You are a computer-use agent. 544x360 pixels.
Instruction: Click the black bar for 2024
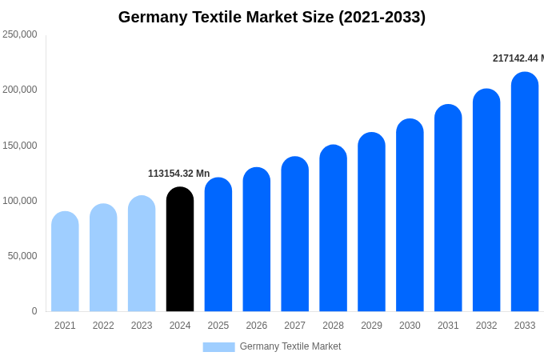tap(180, 250)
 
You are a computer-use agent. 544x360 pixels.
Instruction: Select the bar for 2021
tap(65, 262)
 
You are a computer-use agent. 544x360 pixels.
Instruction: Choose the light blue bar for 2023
tap(142, 254)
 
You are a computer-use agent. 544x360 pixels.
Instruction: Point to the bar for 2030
tap(410, 215)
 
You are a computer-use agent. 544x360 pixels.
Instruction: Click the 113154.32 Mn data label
tap(178, 174)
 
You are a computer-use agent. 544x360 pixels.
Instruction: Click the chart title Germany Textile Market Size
tap(272, 17)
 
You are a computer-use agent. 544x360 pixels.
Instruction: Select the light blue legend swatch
tap(218, 346)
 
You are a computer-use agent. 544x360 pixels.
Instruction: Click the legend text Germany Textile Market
tap(290, 346)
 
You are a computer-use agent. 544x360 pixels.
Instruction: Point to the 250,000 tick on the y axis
tap(20, 34)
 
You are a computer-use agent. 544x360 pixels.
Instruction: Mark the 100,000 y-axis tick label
tap(20, 201)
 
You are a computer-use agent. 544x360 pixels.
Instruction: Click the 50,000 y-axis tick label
tap(22, 256)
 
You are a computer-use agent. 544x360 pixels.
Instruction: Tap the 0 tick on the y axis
tap(34, 311)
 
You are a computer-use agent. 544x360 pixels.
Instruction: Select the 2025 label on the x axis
tap(218, 326)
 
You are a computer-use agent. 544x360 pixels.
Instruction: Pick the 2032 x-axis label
tap(486, 326)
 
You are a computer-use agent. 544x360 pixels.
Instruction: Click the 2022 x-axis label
tap(103, 326)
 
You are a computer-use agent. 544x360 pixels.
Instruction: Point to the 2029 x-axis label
tap(371, 326)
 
